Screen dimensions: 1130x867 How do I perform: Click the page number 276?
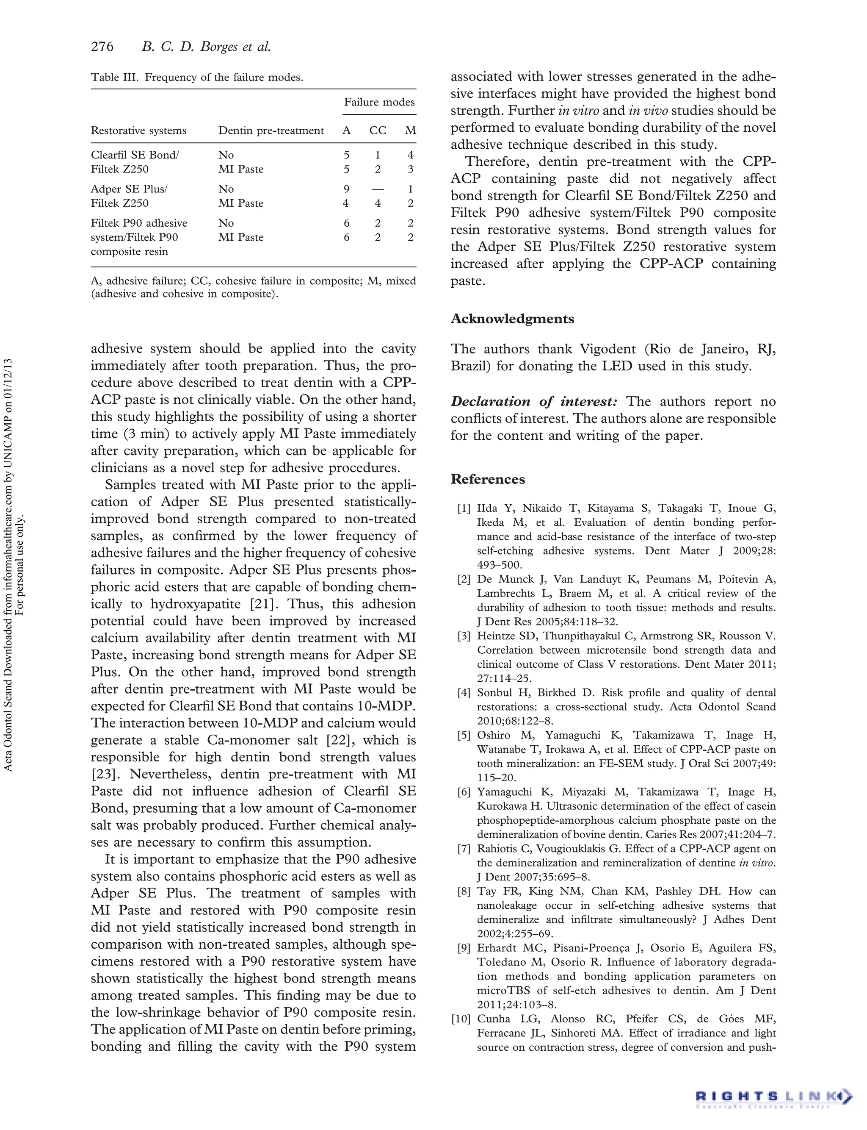pyautogui.click(x=102, y=47)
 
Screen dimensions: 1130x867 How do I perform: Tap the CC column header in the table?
pyautogui.click(x=378, y=130)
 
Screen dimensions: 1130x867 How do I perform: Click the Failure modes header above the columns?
pyautogui.click(x=379, y=102)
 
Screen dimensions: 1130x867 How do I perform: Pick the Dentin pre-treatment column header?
pyautogui.click(x=271, y=130)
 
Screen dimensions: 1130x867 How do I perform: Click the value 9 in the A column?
pyautogui.click(x=346, y=189)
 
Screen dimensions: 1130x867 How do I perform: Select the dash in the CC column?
pyautogui.click(x=378, y=189)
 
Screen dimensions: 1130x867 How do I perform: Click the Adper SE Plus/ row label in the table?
pyautogui.click(x=129, y=189)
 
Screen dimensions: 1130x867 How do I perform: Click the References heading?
pyautogui.click(x=488, y=479)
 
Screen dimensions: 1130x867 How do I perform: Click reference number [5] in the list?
pyautogui.click(x=464, y=736)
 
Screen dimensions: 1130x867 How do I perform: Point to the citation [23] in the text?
pyautogui.click(x=106, y=774)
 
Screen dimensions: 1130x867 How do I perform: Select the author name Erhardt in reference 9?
pyautogui.click(x=497, y=948)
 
